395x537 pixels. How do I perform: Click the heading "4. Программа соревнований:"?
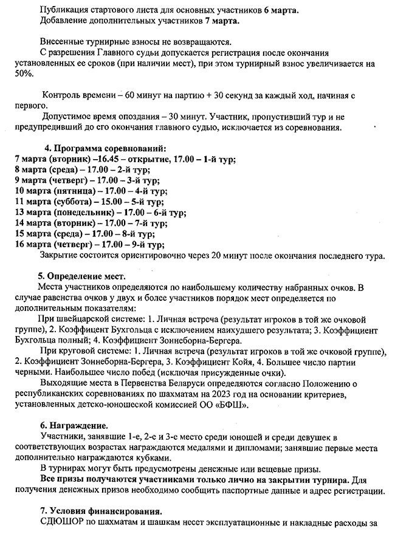click(105, 149)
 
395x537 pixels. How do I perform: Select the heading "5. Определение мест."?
click(83, 277)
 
